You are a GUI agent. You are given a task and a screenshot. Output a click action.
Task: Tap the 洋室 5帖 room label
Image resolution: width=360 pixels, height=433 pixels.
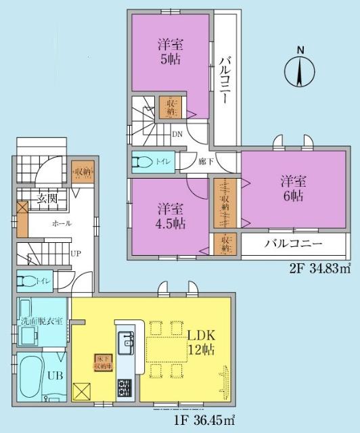(x=169, y=51)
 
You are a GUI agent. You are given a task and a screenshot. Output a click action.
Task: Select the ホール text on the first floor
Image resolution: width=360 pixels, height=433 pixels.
(x=60, y=224)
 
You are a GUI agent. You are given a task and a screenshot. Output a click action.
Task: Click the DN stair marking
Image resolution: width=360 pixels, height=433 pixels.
(x=177, y=133)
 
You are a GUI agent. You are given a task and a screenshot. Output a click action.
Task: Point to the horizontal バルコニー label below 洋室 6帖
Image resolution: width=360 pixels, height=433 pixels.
(x=292, y=244)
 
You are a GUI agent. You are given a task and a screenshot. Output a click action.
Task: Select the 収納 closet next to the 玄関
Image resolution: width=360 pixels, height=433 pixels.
(x=81, y=170)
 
